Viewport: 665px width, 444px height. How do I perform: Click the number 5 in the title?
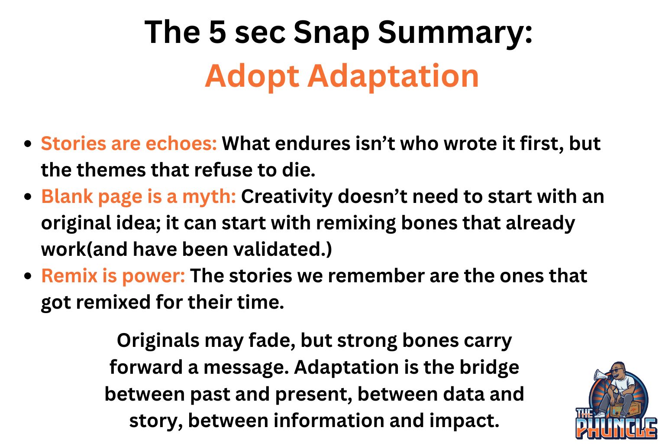click(218, 32)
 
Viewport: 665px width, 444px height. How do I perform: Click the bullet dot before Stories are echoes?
click(28, 144)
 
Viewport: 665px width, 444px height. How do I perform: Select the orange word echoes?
click(181, 144)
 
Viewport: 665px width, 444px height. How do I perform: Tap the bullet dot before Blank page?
click(28, 197)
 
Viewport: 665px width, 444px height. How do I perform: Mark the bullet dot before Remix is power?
click(28, 276)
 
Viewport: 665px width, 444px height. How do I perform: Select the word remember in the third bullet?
click(376, 276)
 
